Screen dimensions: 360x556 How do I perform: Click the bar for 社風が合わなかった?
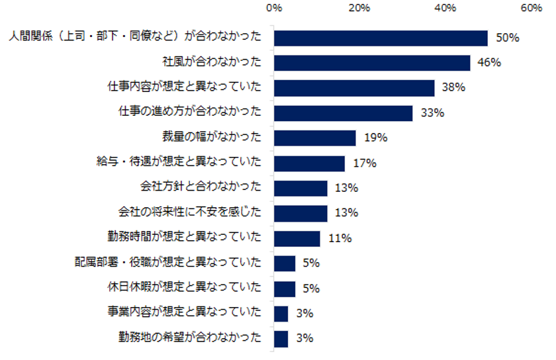click(x=372, y=63)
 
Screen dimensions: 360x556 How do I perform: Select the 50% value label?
click(x=507, y=38)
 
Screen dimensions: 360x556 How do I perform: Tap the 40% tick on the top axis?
click(x=445, y=9)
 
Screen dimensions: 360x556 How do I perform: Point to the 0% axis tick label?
click(x=273, y=9)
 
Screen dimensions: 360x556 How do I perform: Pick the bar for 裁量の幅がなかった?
click(x=314, y=138)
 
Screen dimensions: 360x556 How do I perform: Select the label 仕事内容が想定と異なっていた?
click(x=185, y=87)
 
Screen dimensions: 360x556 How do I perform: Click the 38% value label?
click(x=454, y=88)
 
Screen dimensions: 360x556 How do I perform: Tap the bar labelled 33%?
click(x=343, y=113)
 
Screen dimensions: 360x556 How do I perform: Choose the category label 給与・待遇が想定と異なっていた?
click(x=179, y=163)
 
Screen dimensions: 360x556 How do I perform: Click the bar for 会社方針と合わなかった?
click(x=301, y=188)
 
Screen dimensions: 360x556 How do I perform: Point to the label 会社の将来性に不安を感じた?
click(x=190, y=213)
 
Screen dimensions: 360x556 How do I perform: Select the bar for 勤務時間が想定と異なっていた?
click(x=297, y=238)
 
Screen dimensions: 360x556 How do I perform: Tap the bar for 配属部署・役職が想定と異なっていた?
click(x=284, y=263)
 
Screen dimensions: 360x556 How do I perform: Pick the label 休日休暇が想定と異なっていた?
click(x=185, y=289)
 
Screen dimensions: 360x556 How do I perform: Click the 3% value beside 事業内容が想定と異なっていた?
click(x=304, y=314)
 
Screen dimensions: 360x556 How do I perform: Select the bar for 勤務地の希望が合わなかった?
click(x=281, y=339)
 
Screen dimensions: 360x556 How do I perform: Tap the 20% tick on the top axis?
click(x=359, y=9)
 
